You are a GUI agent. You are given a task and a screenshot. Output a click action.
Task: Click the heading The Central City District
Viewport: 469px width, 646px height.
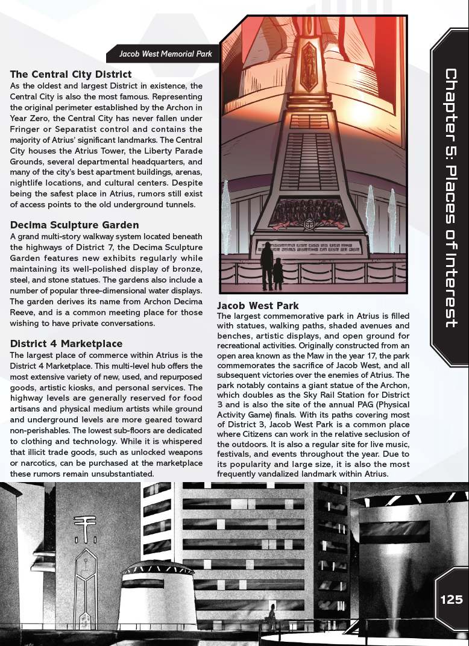(x=71, y=75)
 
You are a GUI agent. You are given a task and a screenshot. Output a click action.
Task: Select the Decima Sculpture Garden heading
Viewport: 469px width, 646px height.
(x=74, y=225)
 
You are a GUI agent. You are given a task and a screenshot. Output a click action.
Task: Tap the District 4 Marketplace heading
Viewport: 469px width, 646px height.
(x=66, y=343)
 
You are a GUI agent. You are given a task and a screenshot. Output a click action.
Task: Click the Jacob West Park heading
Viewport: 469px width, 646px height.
(x=258, y=306)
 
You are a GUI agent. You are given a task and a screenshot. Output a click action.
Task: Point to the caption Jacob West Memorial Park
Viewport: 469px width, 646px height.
(x=165, y=54)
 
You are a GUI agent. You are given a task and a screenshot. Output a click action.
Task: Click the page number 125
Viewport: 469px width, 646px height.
(x=451, y=600)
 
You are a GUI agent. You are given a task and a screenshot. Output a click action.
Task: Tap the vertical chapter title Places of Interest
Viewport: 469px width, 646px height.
(x=450, y=198)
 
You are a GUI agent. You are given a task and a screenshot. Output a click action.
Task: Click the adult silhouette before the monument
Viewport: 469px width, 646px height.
(x=266, y=265)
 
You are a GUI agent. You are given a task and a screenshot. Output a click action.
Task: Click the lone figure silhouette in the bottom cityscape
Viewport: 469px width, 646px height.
(x=272, y=615)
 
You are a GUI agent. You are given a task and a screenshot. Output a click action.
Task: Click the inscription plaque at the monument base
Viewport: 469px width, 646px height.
(x=307, y=248)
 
